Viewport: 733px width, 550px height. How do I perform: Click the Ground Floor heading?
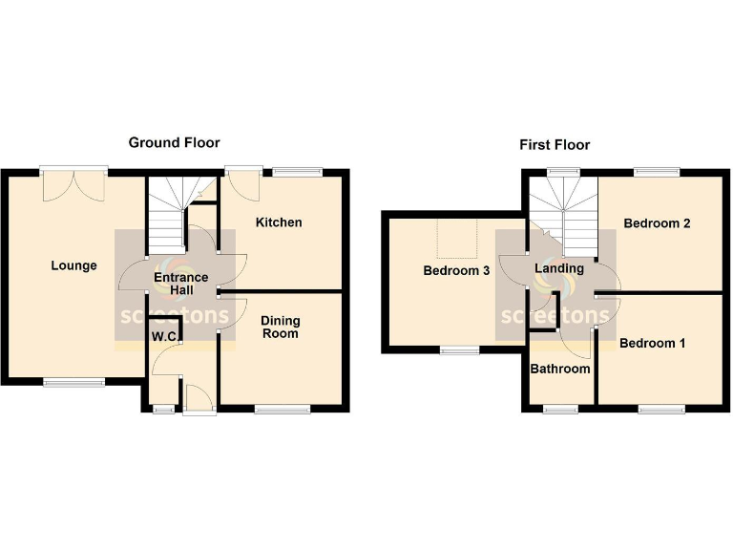coord(174,142)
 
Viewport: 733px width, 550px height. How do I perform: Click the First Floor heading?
coord(555,145)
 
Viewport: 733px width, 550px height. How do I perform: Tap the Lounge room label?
coord(73,265)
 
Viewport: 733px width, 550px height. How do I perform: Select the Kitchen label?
coord(279,222)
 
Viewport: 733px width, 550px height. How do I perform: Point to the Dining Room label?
coord(280,328)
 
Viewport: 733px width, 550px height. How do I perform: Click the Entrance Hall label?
coord(181,284)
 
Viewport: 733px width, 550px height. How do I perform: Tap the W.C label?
coord(161,336)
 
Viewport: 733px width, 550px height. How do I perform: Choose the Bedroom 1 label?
coord(652,343)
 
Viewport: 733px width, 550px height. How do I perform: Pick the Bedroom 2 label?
coord(657,223)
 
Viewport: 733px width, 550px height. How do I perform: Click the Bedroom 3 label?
coord(456,271)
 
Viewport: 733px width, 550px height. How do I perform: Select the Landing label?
coord(558,268)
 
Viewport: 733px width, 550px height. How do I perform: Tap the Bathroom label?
coord(560,369)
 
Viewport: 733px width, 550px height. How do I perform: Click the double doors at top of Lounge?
coord(73,183)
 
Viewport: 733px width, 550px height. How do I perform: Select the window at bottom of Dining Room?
coord(283,410)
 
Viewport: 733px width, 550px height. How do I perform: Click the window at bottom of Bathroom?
coord(561,409)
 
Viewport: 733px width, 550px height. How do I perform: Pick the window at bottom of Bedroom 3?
coord(460,350)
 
